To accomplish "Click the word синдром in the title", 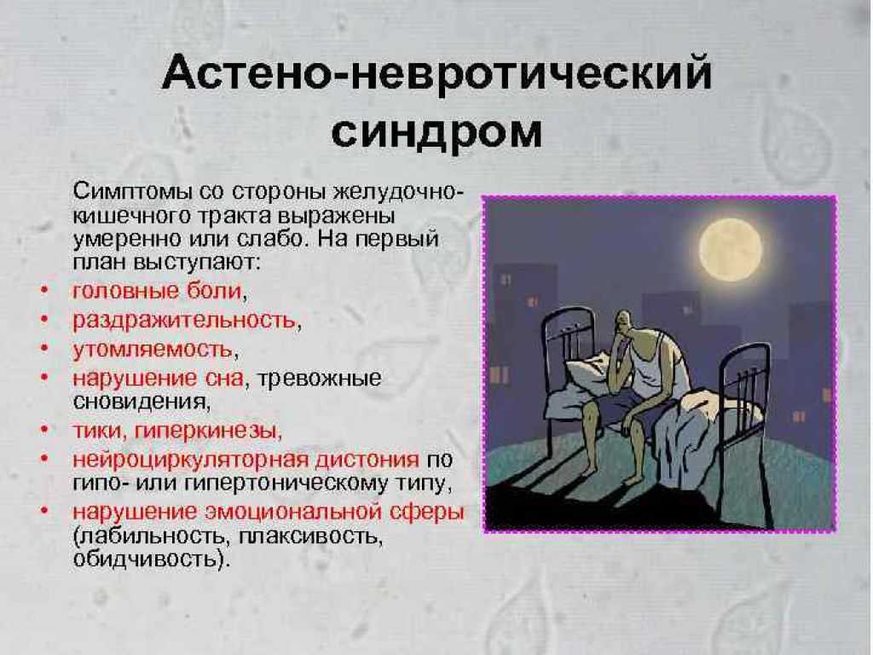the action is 437,132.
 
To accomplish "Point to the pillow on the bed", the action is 590,370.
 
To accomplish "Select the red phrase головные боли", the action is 158,291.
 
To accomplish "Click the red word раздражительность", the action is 184,321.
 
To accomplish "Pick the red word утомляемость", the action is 153,350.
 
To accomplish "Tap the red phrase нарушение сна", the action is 158,379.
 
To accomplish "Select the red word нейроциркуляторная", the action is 190,460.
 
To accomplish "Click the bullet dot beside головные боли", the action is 44,290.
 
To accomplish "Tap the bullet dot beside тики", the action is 44,431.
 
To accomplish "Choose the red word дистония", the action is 367,460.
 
